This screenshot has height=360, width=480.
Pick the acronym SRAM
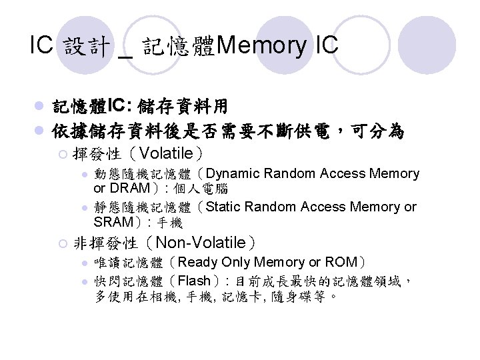point(115,222)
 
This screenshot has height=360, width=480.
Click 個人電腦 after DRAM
point(201,189)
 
